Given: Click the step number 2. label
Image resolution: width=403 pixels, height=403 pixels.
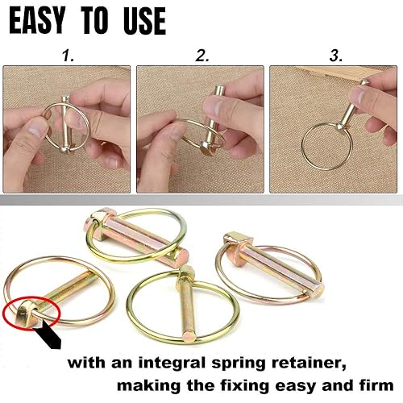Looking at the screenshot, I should (x=201, y=56).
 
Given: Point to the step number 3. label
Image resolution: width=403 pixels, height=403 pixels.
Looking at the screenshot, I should (x=335, y=56).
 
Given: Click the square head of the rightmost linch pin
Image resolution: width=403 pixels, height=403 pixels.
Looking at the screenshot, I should (x=236, y=241).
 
